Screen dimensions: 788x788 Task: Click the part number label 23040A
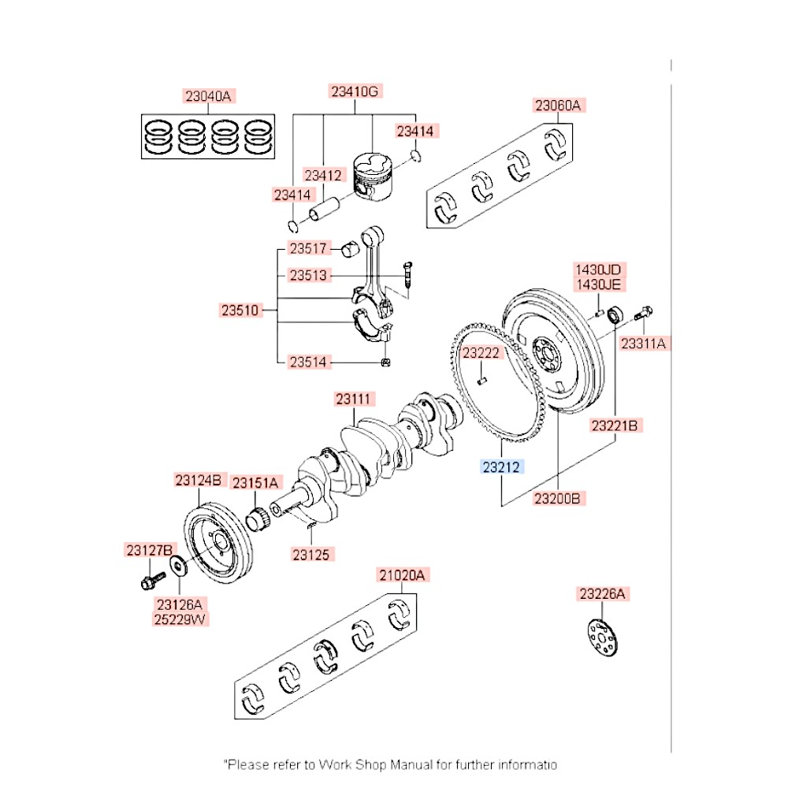[x=209, y=97]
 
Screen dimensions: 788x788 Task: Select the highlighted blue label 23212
[x=502, y=467]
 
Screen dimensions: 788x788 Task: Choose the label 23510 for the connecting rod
[x=240, y=310]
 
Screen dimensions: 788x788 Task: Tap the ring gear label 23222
[x=481, y=353]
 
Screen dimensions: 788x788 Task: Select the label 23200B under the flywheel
[x=557, y=498]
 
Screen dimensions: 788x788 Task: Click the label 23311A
[x=643, y=343]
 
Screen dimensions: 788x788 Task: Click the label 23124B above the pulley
[x=200, y=479]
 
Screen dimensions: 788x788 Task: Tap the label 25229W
[x=179, y=619]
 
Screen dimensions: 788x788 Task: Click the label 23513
[x=307, y=276]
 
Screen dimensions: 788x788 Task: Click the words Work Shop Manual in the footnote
[x=375, y=764]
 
